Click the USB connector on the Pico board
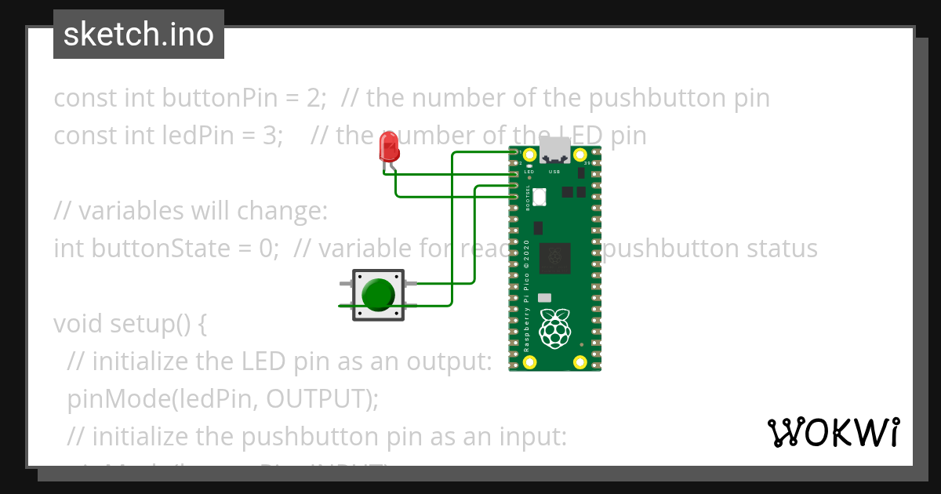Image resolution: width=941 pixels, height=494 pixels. (555, 150)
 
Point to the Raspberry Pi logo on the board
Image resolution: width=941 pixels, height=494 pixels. (556, 329)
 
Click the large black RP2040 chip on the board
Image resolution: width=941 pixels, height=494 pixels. (556, 256)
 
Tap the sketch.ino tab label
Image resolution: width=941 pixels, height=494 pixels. (139, 35)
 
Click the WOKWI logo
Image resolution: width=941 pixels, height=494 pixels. (833, 432)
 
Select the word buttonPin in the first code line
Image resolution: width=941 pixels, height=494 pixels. (209, 98)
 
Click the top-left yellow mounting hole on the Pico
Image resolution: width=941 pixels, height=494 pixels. (530, 154)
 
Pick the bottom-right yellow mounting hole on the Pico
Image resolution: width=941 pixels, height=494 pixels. (580, 362)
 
